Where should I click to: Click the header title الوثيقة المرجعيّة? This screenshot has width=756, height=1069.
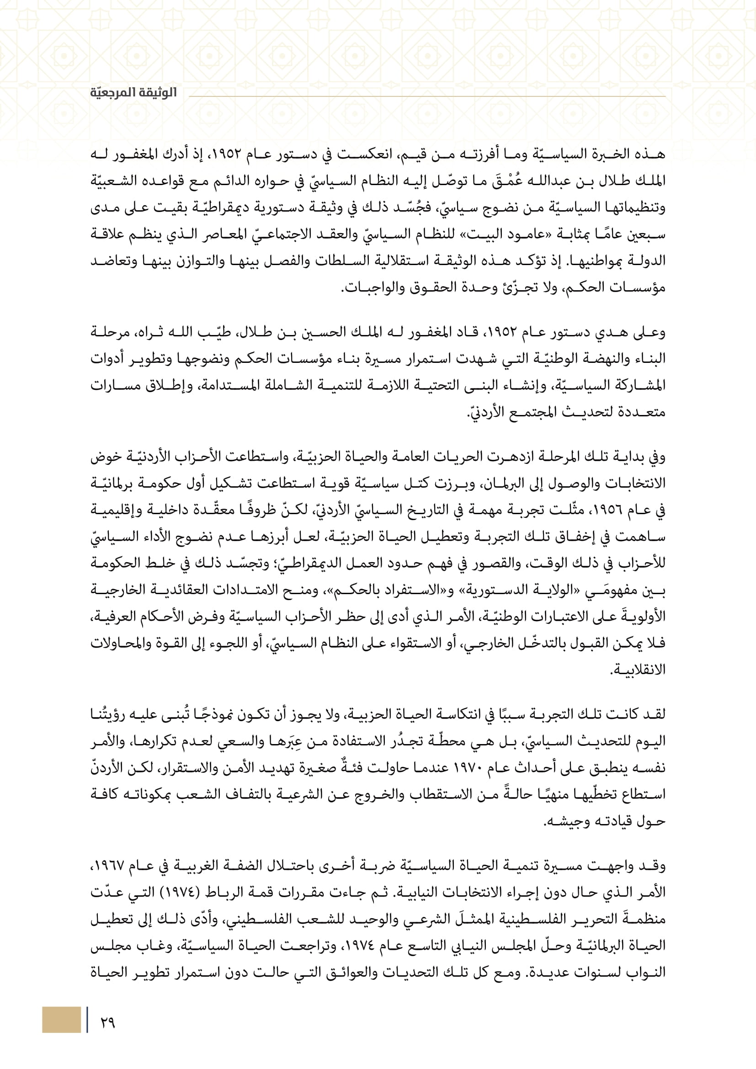[x=133, y=92]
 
